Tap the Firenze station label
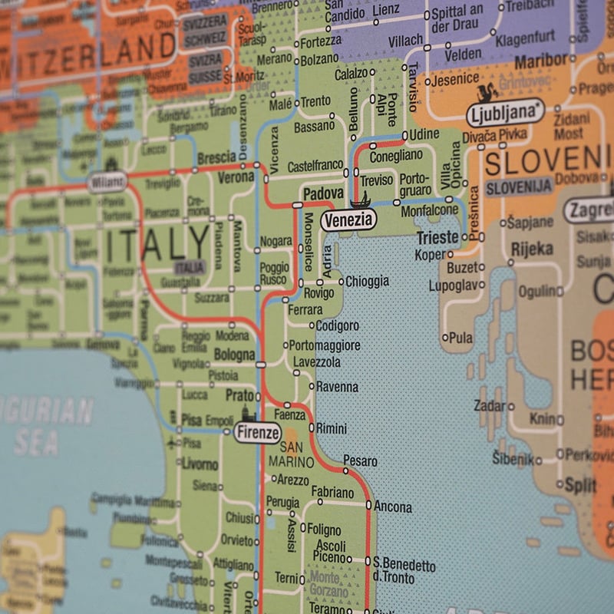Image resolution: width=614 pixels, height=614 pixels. tap(258, 433)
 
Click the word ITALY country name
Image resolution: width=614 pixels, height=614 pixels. tap(157, 245)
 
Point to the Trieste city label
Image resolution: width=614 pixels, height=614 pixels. tap(437, 237)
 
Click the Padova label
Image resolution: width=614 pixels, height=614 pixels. tap(323, 194)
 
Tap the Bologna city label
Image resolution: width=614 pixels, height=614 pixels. tap(234, 355)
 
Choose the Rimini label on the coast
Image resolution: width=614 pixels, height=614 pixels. tap(332, 428)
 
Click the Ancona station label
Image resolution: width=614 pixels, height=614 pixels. tap(393, 507)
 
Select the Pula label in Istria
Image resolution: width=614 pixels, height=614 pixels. tap(460, 338)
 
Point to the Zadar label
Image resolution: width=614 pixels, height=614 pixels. tap(490, 406)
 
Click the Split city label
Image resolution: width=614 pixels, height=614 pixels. tap(580, 485)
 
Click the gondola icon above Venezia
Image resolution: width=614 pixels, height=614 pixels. tap(360, 202)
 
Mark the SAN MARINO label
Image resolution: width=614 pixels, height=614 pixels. tap(286, 455)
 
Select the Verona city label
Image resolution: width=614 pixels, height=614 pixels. tap(236, 177)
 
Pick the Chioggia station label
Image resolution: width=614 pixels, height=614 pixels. tap(367, 282)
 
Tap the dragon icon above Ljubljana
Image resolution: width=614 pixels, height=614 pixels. tap(487, 94)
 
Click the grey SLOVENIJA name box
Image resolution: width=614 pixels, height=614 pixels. tap(520, 186)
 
